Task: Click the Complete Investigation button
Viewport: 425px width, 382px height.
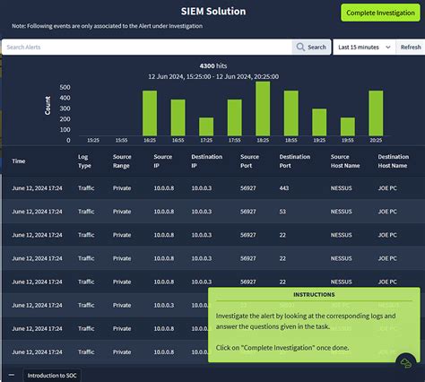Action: coord(379,13)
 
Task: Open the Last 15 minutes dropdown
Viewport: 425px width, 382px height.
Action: coord(364,47)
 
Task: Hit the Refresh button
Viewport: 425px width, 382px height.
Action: coord(409,47)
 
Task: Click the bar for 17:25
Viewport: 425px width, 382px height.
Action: coord(206,128)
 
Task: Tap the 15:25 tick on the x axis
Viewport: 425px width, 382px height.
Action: coord(93,141)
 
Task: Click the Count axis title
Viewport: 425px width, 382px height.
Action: coord(48,105)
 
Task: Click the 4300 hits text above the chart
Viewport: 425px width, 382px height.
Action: coord(212,65)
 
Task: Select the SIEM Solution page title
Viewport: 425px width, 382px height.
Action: coord(212,12)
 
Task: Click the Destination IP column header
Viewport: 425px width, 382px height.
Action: coord(202,161)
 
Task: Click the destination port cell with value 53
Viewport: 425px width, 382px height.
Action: coord(283,212)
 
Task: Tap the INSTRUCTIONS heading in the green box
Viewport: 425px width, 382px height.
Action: coord(314,295)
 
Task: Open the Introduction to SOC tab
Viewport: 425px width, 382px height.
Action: coord(51,375)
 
